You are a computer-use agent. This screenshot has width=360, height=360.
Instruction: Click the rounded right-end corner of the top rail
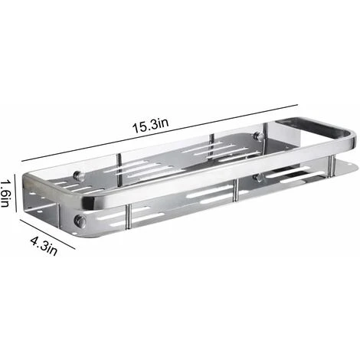(350, 138)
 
